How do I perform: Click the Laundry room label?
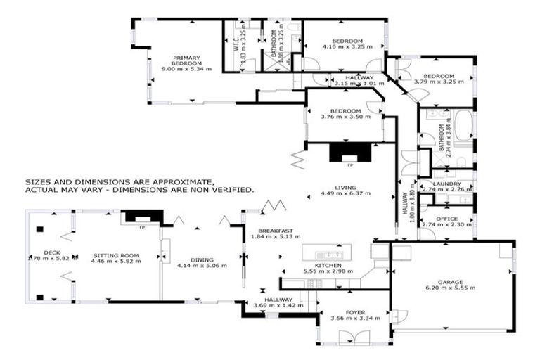point(446,184)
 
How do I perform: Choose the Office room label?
point(446,219)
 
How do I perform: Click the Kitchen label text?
point(328,265)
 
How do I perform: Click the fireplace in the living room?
point(349,153)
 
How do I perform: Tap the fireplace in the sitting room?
point(140,217)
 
